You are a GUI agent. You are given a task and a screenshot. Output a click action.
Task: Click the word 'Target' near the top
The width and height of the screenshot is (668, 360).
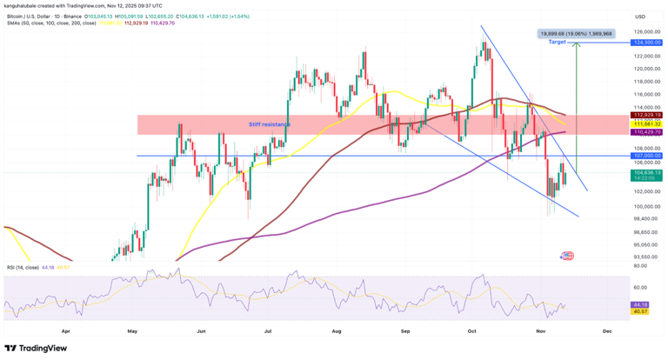click(558, 42)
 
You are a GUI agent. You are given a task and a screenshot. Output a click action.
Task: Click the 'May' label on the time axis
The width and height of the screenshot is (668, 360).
click(132, 331)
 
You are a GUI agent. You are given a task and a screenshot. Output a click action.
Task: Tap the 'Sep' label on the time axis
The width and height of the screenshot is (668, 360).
click(405, 331)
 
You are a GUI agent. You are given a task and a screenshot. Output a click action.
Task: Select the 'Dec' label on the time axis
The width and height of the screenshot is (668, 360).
click(607, 331)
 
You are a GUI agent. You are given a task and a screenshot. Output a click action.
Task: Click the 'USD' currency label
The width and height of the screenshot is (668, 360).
click(640, 17)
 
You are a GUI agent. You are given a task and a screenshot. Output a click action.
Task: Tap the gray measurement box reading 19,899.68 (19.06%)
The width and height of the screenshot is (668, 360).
click(576, 33)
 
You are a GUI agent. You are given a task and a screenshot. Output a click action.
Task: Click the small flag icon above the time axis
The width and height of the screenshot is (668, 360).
click(568, 256)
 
